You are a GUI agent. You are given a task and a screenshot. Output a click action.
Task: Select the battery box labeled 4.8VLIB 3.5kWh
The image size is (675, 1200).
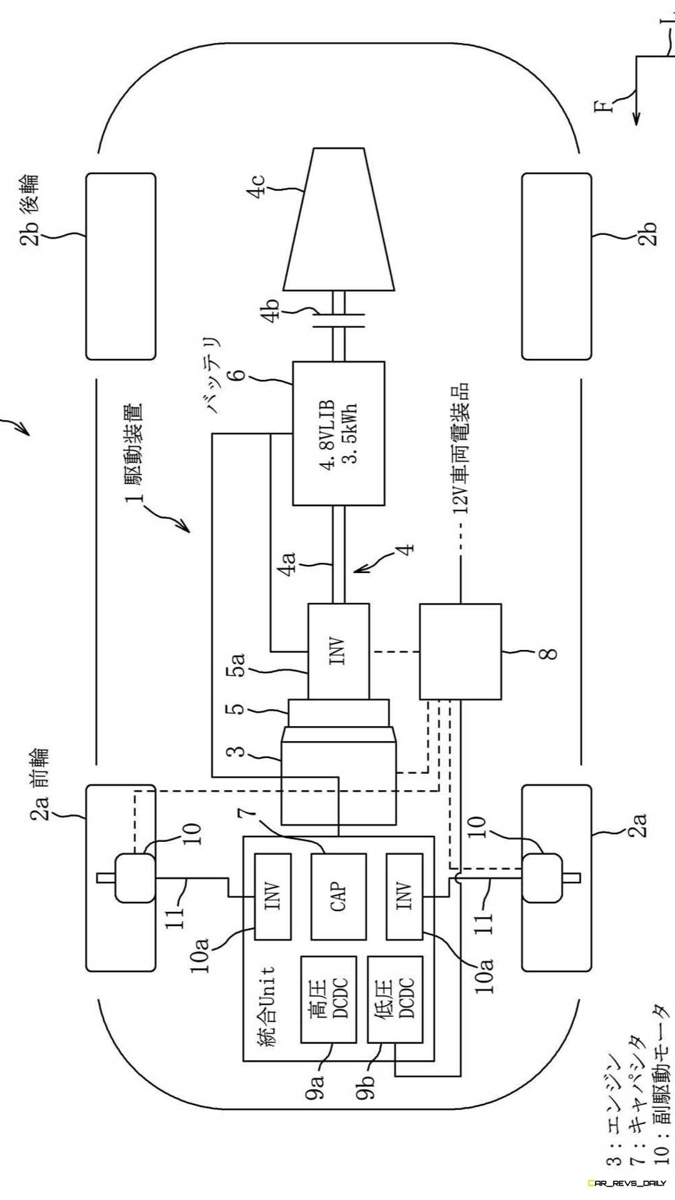339,433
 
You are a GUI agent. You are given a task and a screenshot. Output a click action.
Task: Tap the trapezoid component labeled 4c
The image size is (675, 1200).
339,219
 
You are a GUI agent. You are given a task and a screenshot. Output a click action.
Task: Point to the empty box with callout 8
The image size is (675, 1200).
460,651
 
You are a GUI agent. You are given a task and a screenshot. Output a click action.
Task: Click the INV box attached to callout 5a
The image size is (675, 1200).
338,651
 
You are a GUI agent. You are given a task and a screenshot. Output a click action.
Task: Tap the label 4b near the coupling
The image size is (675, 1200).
274,312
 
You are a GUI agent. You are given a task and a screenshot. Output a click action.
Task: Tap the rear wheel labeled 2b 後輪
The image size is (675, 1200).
121,266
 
